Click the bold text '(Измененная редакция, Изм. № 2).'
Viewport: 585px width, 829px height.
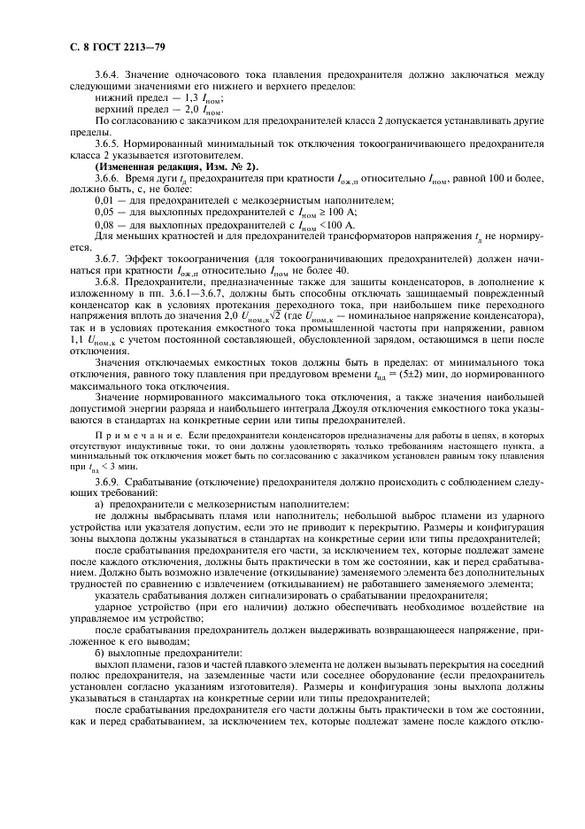tap(176, 166)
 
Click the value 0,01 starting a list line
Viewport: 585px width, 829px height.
tap(104, 201)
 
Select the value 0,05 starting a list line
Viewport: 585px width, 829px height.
tap(104, 213)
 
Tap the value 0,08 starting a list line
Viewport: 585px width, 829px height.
tap(104, 226)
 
